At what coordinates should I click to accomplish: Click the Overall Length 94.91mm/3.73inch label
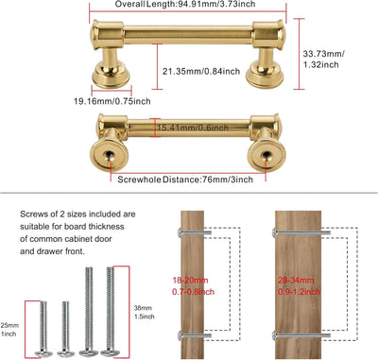(185, 5)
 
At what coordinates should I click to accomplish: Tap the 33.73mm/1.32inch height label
(323, 60)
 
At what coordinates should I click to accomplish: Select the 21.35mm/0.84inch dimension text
(201, 71)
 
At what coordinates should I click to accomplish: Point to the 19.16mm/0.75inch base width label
(112, 101)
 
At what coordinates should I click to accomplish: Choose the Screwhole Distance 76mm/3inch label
(185, 180)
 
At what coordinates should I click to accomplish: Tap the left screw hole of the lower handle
(109, 155)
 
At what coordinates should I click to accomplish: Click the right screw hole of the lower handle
(266, 155)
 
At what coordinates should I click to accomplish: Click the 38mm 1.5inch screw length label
(145, 312)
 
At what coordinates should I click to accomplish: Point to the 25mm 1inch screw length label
(9, 330)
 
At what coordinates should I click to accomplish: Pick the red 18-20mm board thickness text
(193, 286)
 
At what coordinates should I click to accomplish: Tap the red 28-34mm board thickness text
(299, 286)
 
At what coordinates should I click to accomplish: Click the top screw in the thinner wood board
(196, 233)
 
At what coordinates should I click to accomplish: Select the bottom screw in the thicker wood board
(301, 335)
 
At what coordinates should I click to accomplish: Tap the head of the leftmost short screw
(43, 353)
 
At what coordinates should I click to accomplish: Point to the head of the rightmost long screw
(111, 352)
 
